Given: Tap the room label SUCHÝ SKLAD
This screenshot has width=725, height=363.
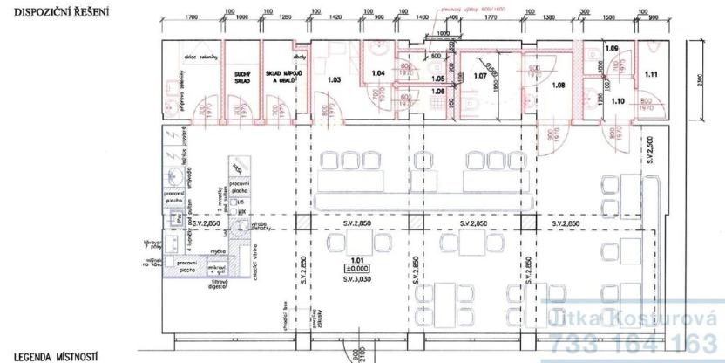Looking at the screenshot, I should pyautogui.click(x=239, y=77).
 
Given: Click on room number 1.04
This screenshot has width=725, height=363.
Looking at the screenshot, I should pyautogui.click(x=377, y=74).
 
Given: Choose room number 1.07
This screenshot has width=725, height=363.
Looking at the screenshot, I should pyautogui.click(x=478, y=75).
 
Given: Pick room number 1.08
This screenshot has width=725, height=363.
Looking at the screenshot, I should pyautogui.click(x=559, y=85).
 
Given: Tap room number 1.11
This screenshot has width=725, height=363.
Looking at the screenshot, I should pyautogui.click(x=649, y=76).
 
